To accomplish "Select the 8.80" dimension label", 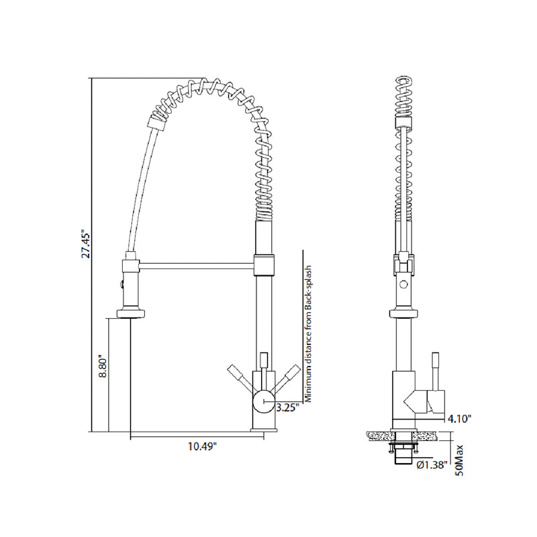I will tap(101, 367).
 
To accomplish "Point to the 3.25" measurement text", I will tap(286, 407).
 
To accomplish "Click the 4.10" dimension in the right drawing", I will tap(460, 418).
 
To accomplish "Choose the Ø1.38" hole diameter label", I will tap(432, 465).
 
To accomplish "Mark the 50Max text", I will tap(460, 460).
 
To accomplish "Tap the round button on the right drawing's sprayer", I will tap(403, 285).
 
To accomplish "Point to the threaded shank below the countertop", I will tap(403, 452).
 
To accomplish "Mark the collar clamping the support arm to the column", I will tap(264, 264).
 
